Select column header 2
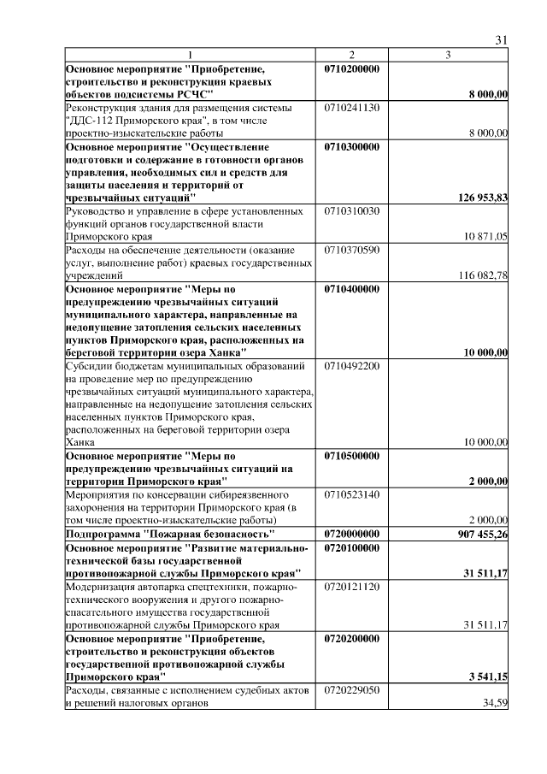(351, 56)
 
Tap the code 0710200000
(352, 68)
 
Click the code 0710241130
(352, 108)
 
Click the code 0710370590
(352, 250)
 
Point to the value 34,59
(495, 703)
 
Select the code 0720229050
(352, 690)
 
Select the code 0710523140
(352, 495)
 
